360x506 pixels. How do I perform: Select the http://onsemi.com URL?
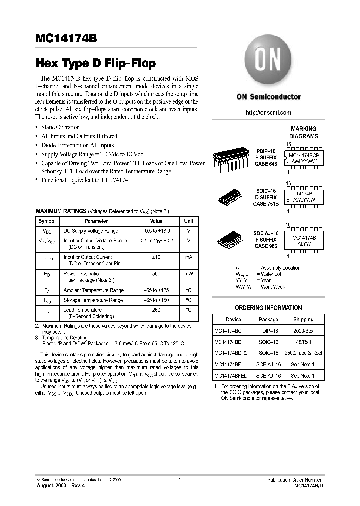[x=268, y=113]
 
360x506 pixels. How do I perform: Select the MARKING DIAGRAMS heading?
[x=303, y=132]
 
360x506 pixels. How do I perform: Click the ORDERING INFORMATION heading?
[x=268, y=308]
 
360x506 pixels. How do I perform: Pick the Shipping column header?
[x=303, y=319]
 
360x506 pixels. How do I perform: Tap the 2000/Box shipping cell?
[x=303, y=331]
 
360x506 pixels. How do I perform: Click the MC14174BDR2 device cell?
[x=231, y=353]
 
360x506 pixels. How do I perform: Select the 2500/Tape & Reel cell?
[x=303, y=353]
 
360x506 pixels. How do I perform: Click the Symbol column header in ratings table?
[x=47, y=221]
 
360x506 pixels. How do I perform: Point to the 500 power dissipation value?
[x=156, y=274]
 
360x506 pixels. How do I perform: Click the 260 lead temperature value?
[x=156, y=310]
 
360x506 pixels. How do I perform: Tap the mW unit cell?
[x=188, y=274]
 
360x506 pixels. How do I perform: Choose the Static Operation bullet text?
[x=60, y=127]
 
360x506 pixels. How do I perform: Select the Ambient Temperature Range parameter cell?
[x=93, y=290]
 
